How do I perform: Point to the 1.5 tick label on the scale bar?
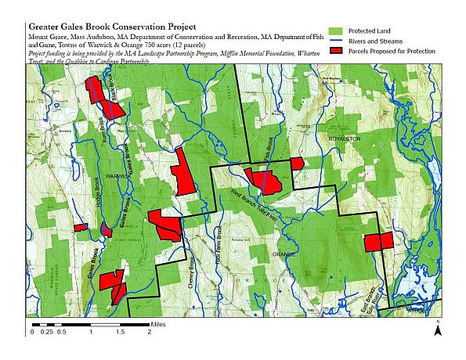coord(120,332)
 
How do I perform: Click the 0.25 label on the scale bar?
coord(47,332)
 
